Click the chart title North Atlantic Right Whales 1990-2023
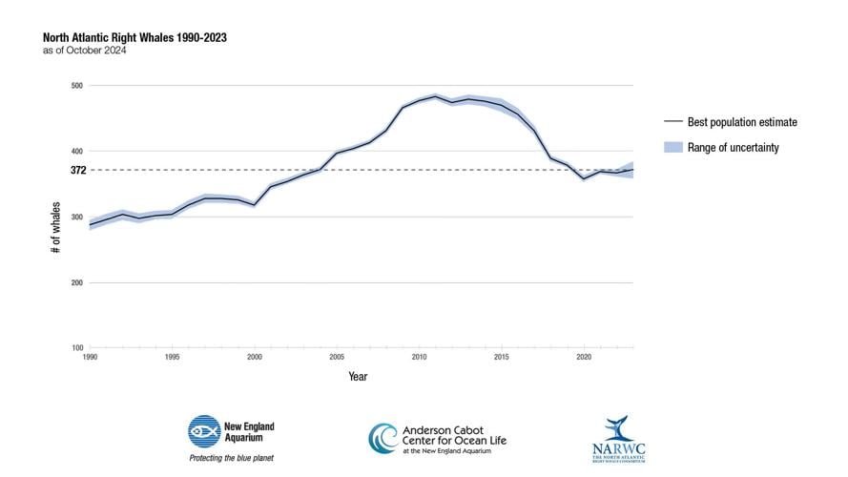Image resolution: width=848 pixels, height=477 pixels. (x=134, y=37)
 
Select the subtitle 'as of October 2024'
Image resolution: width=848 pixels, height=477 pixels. (x=84, y=51)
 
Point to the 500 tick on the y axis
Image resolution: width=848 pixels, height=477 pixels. (x=76, y=86)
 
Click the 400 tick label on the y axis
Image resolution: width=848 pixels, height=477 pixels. (x=76, y=152)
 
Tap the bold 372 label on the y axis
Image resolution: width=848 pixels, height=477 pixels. (x=76, y=170)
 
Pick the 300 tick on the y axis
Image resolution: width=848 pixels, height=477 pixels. (x=76, y=218)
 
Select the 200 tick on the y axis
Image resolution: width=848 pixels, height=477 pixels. (x=76, y=283)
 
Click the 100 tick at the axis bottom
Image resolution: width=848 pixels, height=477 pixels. (x=76, y=348)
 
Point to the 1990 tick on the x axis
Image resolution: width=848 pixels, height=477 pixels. (x=90, y=357)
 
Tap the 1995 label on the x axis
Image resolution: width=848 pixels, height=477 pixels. (x=172, y=357)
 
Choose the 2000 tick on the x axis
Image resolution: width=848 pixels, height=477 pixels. (x=254, y=357)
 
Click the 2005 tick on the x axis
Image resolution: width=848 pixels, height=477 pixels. (x=337, y=357)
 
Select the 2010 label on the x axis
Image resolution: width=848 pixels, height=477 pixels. (x=419, y=357)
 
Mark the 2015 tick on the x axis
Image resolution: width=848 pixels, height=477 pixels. (x=501, y=357)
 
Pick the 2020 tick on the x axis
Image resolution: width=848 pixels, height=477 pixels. (x=583, y=357)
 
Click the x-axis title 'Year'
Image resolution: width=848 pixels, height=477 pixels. (x=357, y=376)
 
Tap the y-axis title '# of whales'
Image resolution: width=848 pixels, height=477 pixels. (x=57, y=226)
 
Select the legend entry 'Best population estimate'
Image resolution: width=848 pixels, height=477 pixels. (x=741, y=122)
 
